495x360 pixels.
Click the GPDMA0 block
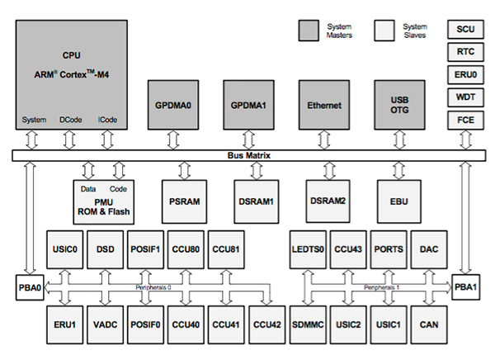172,106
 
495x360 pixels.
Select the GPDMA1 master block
248,106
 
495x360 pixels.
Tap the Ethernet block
323,106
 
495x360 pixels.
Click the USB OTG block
400,106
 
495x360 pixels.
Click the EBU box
400,200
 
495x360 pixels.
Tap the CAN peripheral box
429,325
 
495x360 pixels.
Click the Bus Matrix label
249,155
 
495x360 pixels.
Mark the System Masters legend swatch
309,30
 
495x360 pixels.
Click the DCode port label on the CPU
70,120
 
